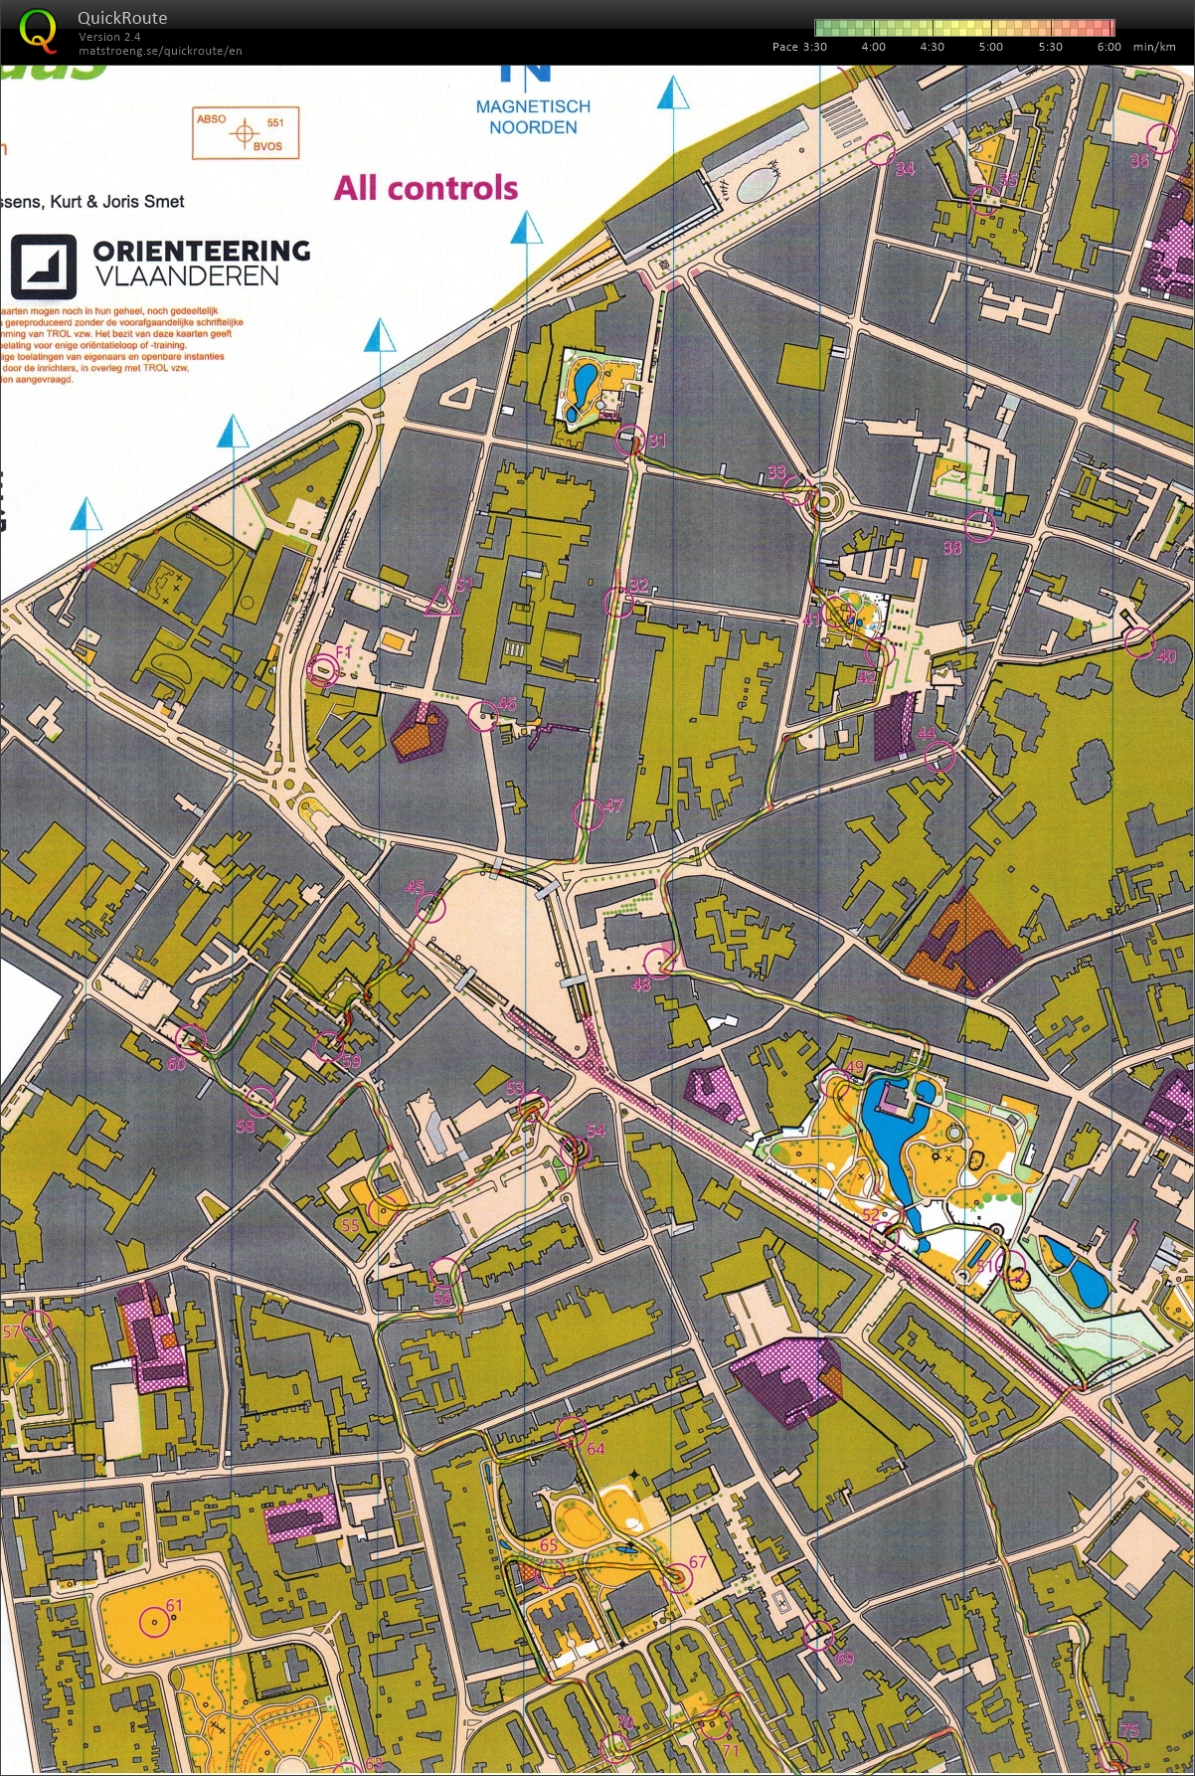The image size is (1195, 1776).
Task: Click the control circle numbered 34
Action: pyautogui.click(x=879, y=149)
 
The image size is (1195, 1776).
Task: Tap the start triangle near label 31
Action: pyautogui.click(x=440, y=602)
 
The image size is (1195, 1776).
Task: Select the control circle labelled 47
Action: pyautogui.click(x=588, y=813)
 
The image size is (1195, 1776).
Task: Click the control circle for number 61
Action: pyautogui.click(x=154, y=1622)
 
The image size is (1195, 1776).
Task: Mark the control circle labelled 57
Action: pyautogui.click(x=37, y=1325)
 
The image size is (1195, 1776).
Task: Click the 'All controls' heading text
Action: pyautogui.click(x=426, y=188)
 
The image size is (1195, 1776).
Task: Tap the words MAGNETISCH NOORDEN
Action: pyautogui.click(x=533, y=116)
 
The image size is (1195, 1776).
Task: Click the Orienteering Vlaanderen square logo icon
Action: pyautogui.click(x=44, y=266)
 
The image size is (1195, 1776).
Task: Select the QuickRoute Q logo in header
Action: pyautogui.click(x=38, y=31)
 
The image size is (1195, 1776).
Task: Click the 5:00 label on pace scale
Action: pyautogui.click(x=990, y=47)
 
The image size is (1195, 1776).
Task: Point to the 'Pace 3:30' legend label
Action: pyautogui.click(x=798, y=47)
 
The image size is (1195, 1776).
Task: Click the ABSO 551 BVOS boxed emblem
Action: pyautogui.click(x=245, y=133)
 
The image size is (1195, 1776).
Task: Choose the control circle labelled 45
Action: pyautogui.click(x=430, y=906)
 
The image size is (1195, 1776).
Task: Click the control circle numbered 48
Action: pyautogui.click(x=659, y=962)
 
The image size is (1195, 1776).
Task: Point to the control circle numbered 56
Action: pyautogui.click(x=443, y=1272)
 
